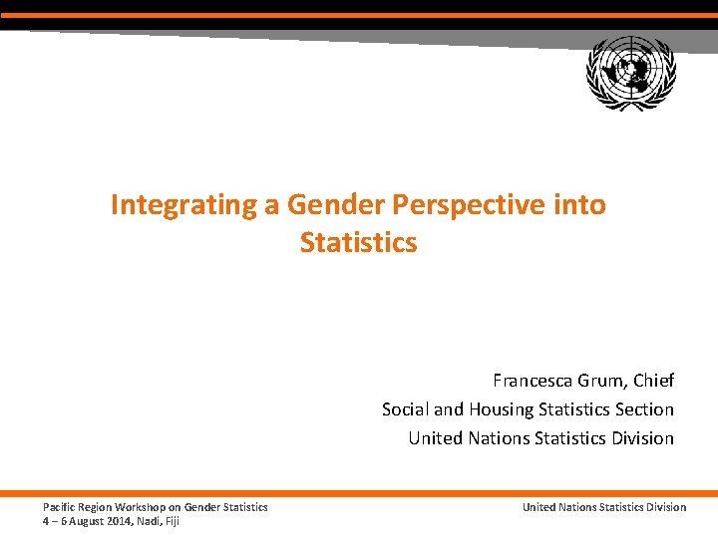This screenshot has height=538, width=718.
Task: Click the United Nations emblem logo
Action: point(631,72)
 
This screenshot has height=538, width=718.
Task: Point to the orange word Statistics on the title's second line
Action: point(358,242)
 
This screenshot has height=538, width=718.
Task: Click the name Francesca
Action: point(533,381)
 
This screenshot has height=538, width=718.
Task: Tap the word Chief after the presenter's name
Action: point(653,381)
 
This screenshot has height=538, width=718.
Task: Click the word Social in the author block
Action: point(405,409)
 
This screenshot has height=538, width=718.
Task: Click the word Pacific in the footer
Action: point(58,507)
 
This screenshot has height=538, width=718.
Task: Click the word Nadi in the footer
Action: point(148,520)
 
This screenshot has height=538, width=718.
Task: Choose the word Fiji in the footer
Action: point(172,520)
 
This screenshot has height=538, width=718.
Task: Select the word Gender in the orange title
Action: point(336,205)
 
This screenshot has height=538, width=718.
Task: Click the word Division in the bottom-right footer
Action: point(666,507)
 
